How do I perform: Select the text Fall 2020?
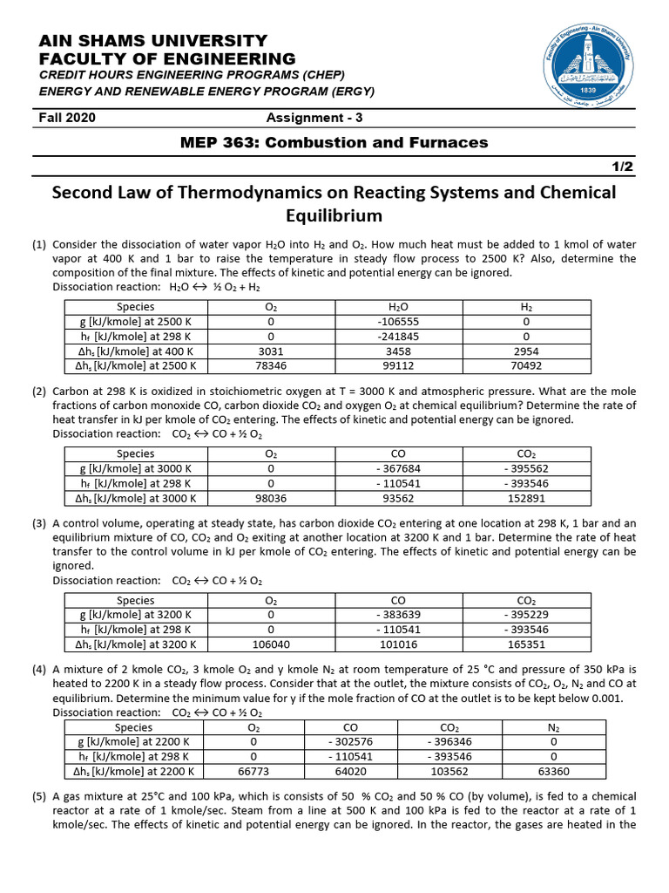(x=67, y=118)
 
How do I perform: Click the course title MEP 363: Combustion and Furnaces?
(x=334, y=142)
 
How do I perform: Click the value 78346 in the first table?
(x=271, y=365)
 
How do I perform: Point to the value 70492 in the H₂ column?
(x=526, y=365)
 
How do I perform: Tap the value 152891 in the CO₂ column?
(x=526, y=498)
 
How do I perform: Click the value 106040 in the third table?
(x=271, y=644)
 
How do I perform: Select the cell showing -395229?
(x=526, y=615)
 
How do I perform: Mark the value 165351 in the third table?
(x=526, y=644)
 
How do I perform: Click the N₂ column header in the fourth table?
(x=553, y=726)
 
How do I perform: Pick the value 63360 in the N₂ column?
(x=553, y=771)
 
